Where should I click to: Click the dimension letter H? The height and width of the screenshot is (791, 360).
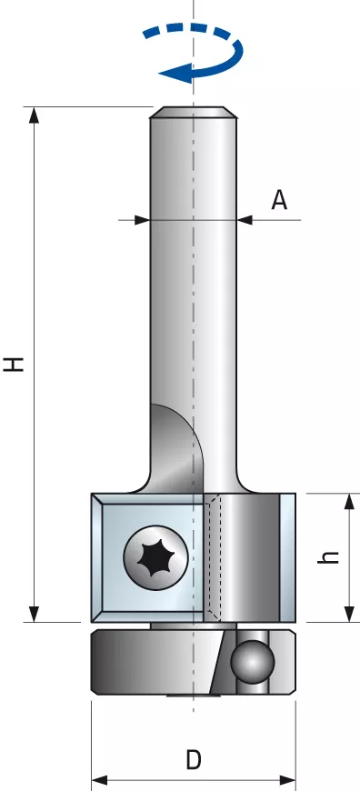(15, 364)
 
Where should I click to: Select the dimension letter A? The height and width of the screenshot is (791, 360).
(279, 200)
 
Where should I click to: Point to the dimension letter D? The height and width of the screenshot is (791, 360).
(193, 760)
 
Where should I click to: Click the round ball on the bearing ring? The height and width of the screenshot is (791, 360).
(252, 661)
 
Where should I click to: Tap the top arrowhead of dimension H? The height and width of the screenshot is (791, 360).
(34, 115)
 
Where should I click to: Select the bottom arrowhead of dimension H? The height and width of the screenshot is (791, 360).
(34, 614)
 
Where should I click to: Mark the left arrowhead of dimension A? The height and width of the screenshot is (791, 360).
(142, 220)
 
